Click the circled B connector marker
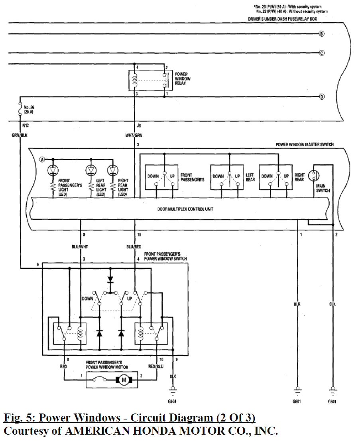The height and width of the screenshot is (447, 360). (x=321, y=33)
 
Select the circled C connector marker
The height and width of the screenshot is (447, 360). (x=321, y=53)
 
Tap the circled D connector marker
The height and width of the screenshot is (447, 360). (x=321, y=96)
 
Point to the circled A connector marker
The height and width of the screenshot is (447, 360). (x=42, y=160)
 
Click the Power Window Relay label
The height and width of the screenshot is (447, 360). (x=183, y=79)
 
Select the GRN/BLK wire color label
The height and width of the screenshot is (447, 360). (x=19, y=135)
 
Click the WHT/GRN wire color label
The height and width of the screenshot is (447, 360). (x=134, y=135)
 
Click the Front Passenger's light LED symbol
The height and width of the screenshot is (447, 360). (x=53, y=170)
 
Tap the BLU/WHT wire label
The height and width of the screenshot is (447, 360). (x=80, y=247)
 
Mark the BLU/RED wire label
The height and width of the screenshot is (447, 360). (x=134, y=247)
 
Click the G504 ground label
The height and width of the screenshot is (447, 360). (x=173, y=402)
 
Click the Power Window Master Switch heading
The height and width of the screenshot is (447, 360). (x=305, y=144)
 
